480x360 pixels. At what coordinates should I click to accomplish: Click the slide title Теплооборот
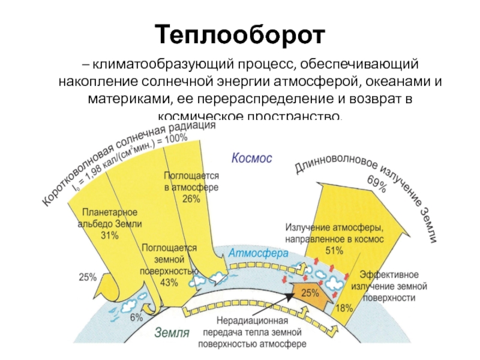240,35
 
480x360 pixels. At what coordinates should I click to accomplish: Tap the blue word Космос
251,158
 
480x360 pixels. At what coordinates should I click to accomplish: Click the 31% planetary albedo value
110,236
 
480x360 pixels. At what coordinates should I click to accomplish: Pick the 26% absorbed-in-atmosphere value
191,199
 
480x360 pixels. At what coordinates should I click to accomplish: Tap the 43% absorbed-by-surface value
170,282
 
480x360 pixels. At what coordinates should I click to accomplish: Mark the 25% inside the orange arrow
310,293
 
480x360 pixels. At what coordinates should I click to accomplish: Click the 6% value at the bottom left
136,317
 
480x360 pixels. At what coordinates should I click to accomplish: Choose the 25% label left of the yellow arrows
88,277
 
